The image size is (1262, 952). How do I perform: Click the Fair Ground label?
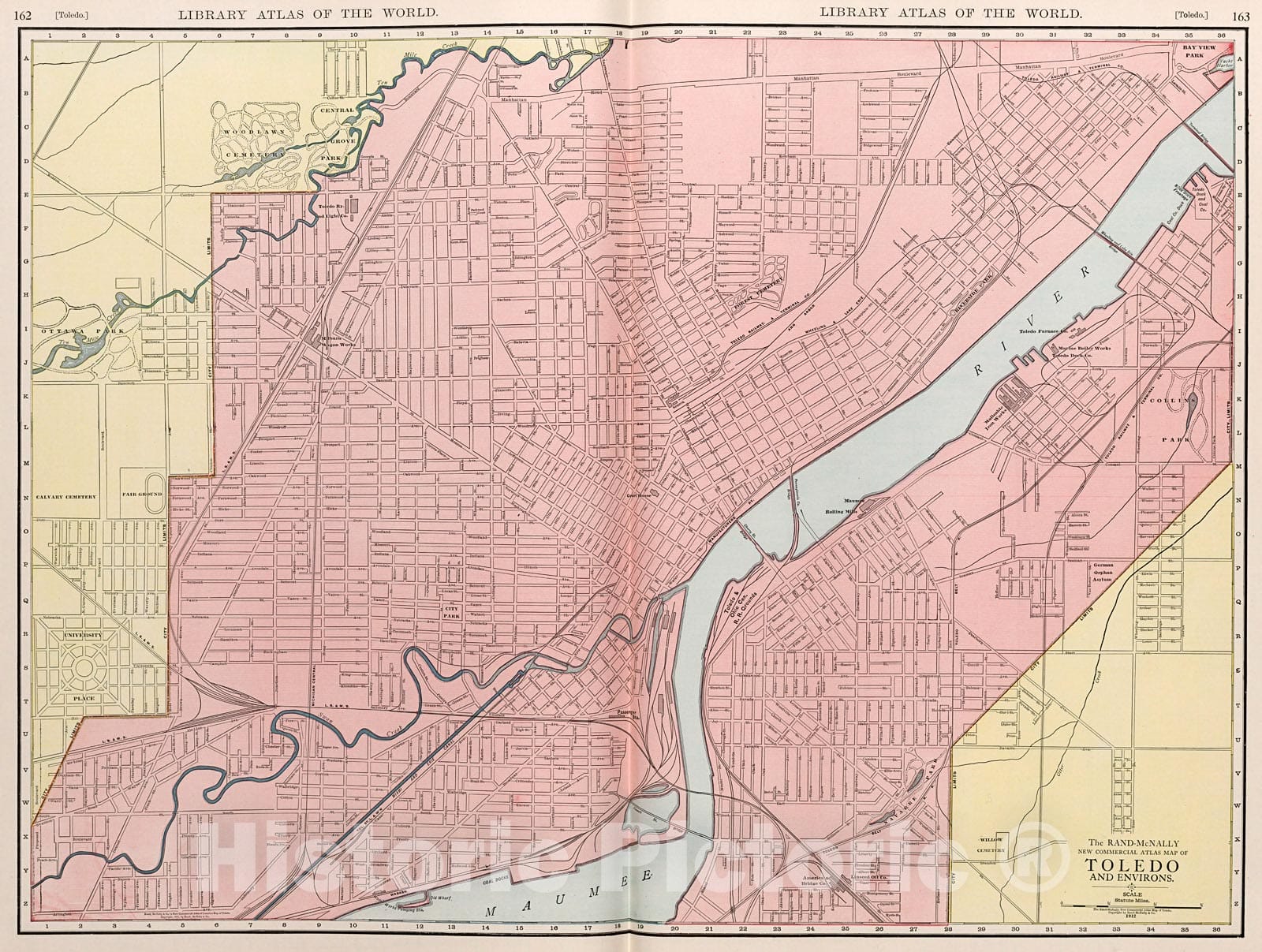[142, 495]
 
